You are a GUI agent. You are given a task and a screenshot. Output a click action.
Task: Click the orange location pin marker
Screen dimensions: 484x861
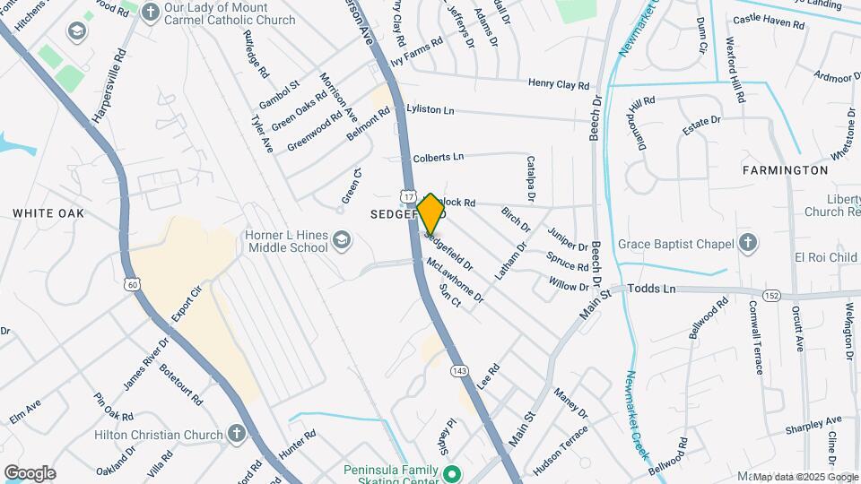pyautogui.click(x=430, y=214)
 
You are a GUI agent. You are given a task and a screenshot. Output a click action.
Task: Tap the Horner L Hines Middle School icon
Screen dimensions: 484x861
pyautogui.click(x=341, y=240)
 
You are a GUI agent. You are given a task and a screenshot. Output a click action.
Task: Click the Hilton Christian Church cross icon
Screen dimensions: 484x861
pyautogui.click(x=236, y=435)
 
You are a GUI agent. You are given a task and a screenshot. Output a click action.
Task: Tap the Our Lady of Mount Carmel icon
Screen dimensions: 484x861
pyautogui.click(x=151, y=12)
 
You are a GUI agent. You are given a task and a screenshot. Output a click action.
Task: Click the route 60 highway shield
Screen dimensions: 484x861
pyautogui.click(x=133, y=285)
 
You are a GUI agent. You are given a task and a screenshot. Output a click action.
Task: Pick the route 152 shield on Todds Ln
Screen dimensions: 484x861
pyautogui.click(x=771, y=295)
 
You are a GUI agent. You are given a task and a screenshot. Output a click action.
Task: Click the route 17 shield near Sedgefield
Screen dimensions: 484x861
pyautogui.click(x=409, y=196)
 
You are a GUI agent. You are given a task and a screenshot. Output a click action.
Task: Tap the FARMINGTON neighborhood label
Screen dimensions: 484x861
pyautogui.click(x=785, y=170)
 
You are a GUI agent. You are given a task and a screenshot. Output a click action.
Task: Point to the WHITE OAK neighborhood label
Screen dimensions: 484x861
pyautogui.click(x=48, y=213)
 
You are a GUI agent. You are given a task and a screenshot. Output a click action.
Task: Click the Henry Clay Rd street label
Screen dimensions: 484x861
pyautogui.click(x=558, y=85)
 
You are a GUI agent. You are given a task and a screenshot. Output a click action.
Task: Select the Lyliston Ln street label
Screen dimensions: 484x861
pyautogui.click(x=430, y=109)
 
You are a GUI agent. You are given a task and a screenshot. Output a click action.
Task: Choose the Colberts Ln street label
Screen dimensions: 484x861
pyautogui.click(x=438, y=158)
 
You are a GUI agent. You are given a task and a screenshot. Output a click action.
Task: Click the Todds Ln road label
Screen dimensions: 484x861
pyautogui.click(x=652, y=290)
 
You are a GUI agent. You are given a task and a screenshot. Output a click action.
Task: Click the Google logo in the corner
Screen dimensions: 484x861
pyautogui.click(x=30, y=472)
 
